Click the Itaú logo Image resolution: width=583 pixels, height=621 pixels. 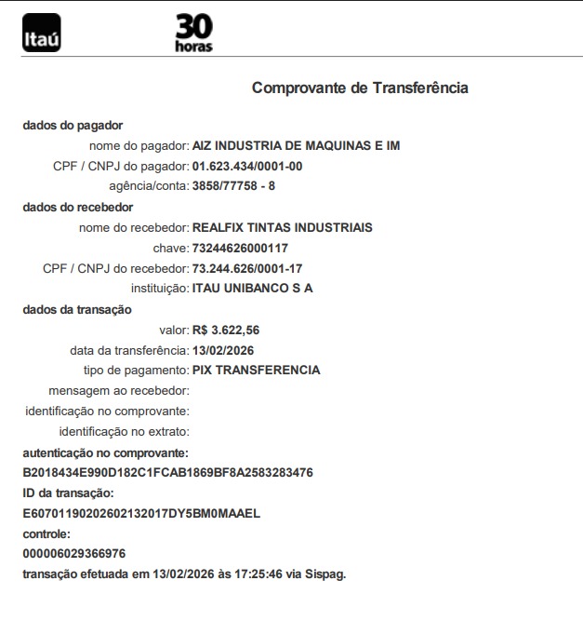click(x=41, y=34)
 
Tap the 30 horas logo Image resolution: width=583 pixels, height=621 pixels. click(x=194, y=33)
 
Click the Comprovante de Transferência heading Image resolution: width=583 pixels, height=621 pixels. click(x=360, y=88)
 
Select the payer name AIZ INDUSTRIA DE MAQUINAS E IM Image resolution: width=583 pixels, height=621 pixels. click(x=296, y=145)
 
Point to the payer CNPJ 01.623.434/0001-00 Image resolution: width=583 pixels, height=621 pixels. click(x=247, y=166)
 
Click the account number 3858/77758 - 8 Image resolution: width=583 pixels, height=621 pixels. click(x=233, y=186)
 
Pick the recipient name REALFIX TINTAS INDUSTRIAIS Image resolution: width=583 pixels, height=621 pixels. click(x=282, y=227)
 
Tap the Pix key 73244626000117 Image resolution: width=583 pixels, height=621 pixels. click(x=239, y=248)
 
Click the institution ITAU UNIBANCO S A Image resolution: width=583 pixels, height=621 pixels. click(x=252, y=288)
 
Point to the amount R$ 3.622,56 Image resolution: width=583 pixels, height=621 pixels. click(x=225, y=330)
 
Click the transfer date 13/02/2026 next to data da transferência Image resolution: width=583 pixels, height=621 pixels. click(x=222, y=350)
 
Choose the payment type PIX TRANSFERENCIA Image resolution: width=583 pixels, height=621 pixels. click(x=256, y=370)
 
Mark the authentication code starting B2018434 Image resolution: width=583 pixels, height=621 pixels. click(x=167, y=472)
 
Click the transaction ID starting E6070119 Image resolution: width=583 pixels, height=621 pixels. click(x=141, y=513)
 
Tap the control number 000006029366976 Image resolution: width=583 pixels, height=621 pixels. click(x=74, y=554)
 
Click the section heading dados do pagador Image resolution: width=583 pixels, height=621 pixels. click(x=73, y=125)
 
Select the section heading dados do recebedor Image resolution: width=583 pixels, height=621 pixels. click(x=77, y=207)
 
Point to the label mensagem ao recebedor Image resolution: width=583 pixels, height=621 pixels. click(x=119, y=390)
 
